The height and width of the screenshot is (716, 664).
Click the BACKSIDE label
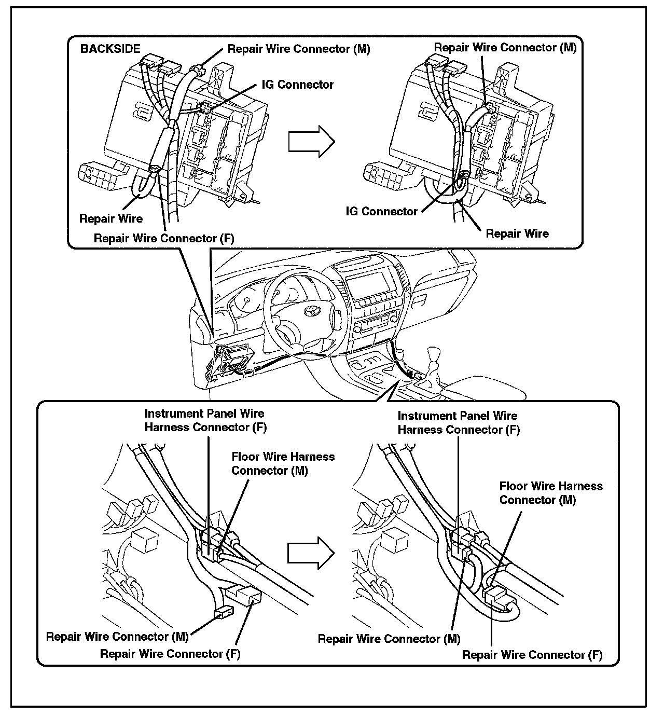[x=110, y=49]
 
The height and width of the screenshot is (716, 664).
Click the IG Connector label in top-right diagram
[x=382, y=211]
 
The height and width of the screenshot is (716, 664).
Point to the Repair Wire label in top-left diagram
[x=110, y=218]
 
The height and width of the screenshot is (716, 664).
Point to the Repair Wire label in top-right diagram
[x=517, y=233]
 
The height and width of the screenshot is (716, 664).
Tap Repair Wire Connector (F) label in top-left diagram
[x=164, y=238]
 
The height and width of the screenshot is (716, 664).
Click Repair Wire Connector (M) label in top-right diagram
[x=505, y=48]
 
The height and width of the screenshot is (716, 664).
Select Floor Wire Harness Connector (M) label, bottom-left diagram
[x=283, y=463]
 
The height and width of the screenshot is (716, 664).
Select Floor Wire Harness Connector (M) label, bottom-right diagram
[x=551, y=493]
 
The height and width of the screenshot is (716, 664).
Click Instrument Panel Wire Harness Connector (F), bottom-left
[x=205, y=420]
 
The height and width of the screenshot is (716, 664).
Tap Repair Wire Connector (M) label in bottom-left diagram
[x=117, y=637]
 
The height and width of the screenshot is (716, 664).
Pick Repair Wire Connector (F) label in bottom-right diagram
[x=532, y=655]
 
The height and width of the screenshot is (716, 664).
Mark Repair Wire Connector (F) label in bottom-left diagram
[x=170, y=654]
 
